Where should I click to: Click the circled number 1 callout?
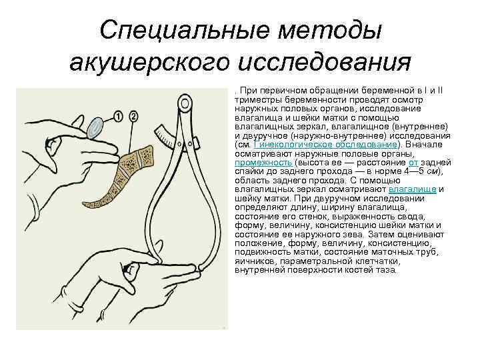(x=119, y=117)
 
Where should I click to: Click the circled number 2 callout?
(x=133, y=117)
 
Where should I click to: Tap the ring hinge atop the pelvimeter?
(x=183, y=103)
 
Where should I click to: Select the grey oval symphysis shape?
(x=97, y=126)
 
